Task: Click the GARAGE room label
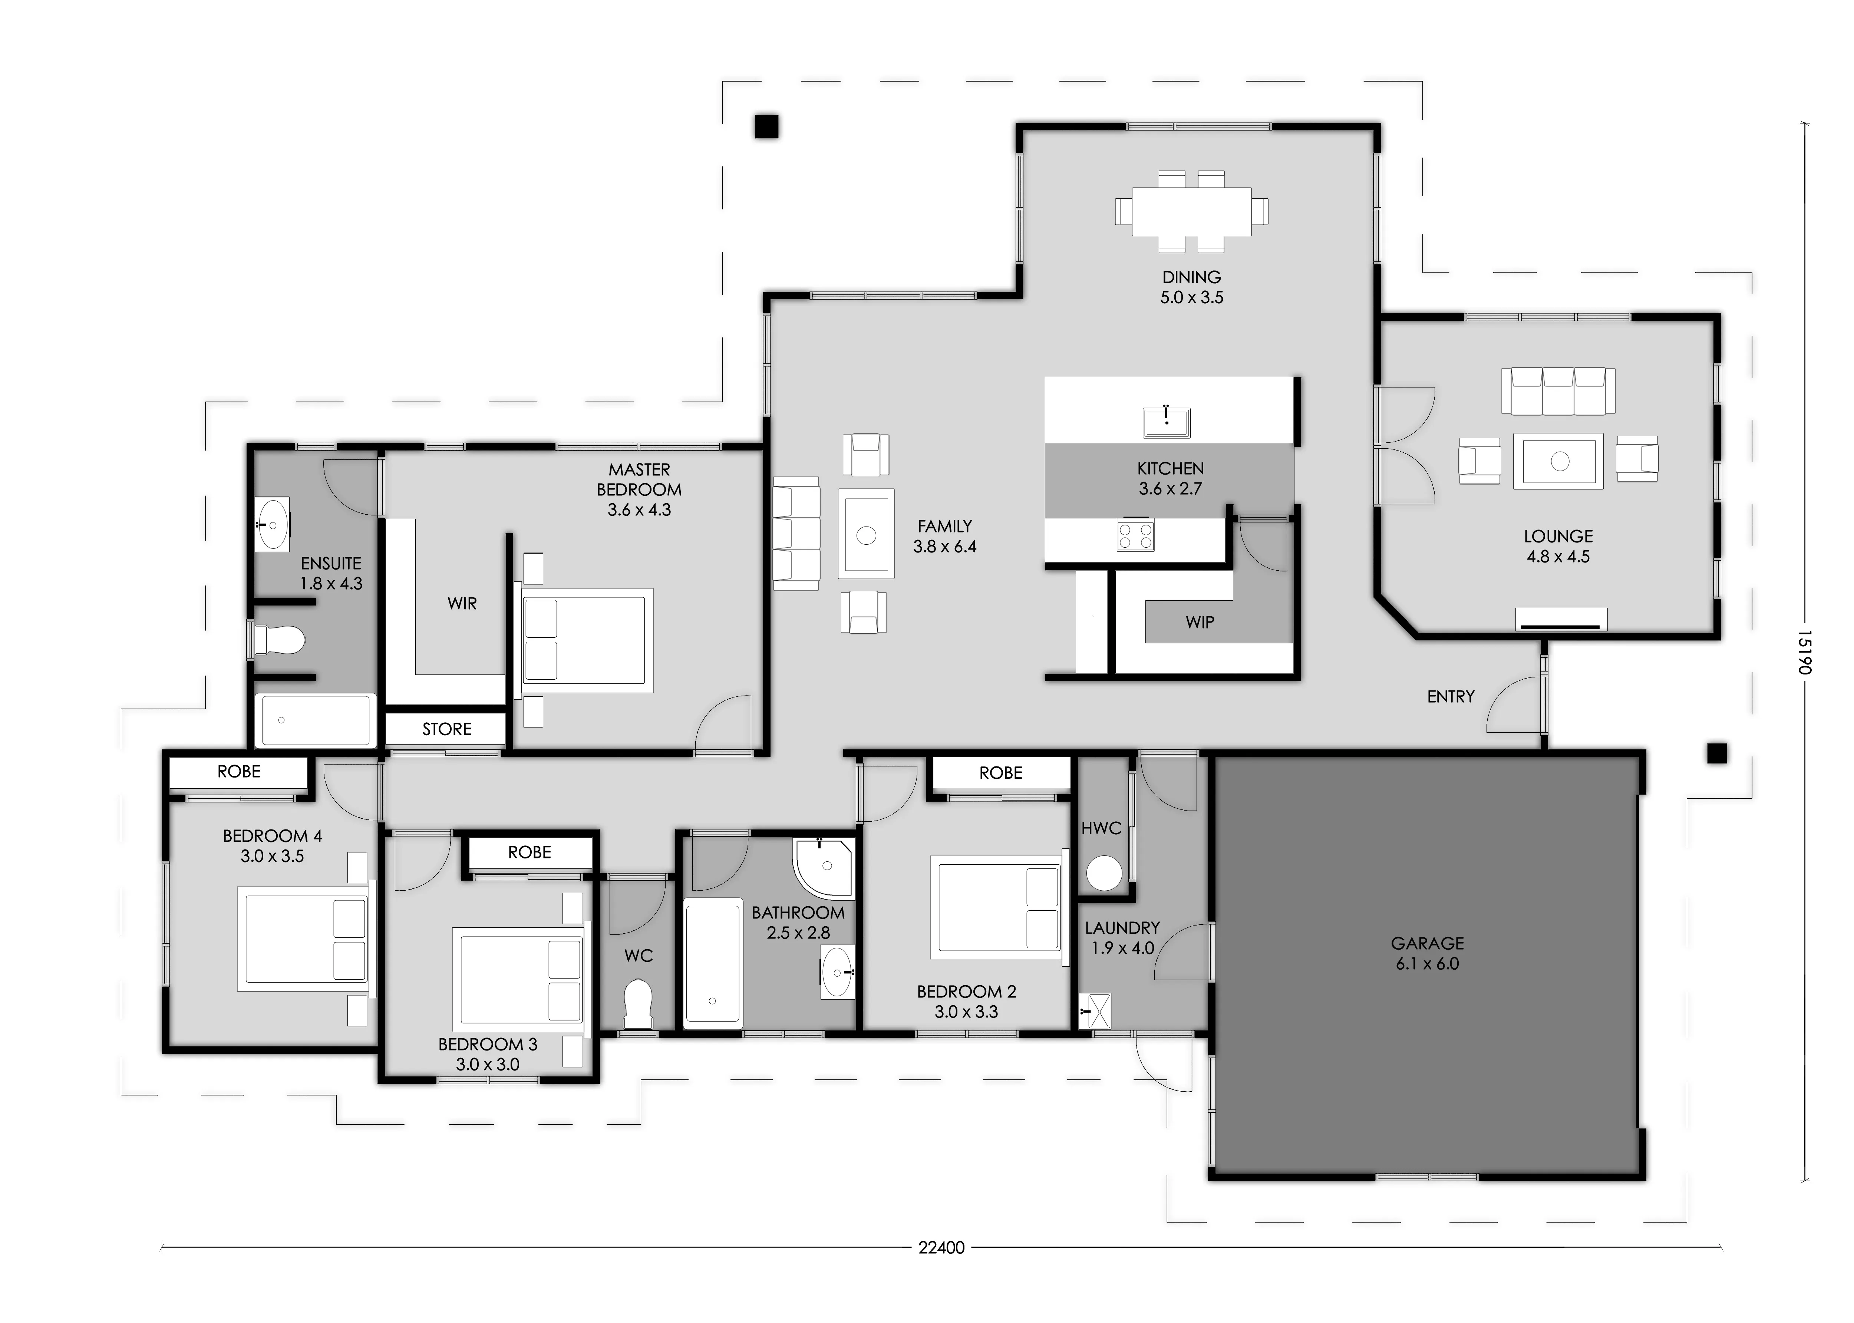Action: click(x=1427, y=943)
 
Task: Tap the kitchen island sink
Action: click(x=1167, y=422)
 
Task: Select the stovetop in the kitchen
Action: click(x=1135, y=534)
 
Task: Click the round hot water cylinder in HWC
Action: click(x=1104, y=873)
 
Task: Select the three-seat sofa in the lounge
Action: click(x=1558, y=391)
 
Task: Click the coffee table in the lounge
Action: click(x=1558, y=461)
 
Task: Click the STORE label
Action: click(x=446, y=729)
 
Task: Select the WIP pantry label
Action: click(x=1200, y=623)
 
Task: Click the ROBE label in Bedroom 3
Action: click(x=530, y=852)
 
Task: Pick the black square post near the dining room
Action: click(x=766, y=126)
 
